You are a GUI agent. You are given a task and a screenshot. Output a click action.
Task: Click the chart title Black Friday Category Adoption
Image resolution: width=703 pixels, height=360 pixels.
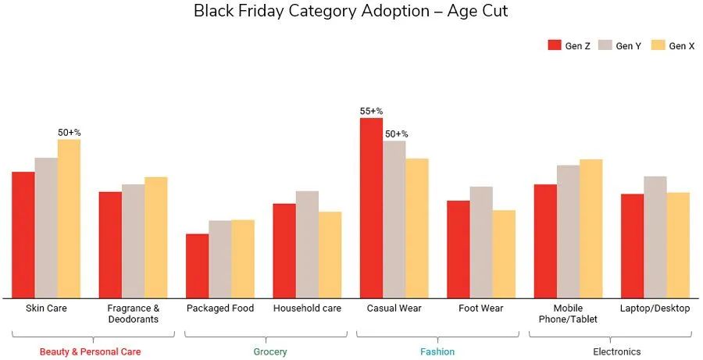click(351, 12)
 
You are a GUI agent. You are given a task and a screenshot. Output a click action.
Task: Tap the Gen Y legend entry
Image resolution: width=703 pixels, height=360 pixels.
click(620, 46)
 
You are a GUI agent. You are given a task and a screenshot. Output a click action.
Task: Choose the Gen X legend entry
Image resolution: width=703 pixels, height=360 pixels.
click(673, 46)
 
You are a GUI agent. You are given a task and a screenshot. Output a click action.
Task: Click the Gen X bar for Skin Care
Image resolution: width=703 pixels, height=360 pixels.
click(69, 219)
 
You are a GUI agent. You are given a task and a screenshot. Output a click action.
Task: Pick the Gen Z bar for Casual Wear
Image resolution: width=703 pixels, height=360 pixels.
click(371, 208)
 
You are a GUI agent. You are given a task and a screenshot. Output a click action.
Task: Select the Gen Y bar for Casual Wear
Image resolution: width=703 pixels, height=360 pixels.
click(394, 219)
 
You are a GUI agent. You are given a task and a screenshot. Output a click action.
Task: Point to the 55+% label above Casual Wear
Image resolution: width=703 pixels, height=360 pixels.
click(371, 111)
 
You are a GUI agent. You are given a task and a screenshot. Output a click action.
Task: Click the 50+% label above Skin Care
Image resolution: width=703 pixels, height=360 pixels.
click(69, 133)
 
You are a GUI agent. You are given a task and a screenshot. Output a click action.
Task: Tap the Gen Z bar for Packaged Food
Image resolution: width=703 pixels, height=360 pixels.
click(197, 266)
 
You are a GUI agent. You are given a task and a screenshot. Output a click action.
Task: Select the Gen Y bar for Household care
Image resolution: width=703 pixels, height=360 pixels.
click(307, 244)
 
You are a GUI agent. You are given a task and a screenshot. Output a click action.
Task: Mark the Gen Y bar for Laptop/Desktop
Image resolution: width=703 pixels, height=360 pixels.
click(655, 237)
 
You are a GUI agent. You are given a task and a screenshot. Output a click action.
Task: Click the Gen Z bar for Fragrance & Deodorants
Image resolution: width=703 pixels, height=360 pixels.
click(110, 244)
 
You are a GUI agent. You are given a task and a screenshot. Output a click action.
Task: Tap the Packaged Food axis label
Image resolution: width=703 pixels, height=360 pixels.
click(220, 308)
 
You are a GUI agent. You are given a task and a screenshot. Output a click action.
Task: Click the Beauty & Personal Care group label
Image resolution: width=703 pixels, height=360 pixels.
click(91, 352)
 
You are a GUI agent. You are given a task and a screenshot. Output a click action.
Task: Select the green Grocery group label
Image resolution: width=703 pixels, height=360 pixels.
click(270, 352)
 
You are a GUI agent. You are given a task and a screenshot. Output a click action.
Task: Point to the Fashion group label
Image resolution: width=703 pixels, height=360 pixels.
click(437, 352)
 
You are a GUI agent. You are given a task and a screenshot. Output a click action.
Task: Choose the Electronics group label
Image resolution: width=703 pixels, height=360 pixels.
click(617, 352)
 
